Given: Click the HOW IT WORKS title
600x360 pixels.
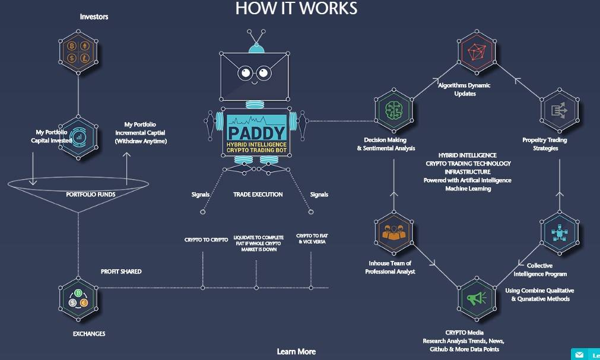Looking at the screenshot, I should point(296,8).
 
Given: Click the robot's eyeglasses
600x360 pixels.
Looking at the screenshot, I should point(255,74).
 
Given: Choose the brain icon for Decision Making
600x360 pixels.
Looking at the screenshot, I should point(394,110).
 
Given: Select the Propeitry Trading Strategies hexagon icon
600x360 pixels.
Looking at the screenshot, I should point(558,110).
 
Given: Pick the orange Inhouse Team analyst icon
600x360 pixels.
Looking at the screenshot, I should point(394,232).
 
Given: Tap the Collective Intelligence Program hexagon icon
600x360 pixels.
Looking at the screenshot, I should point(558,232).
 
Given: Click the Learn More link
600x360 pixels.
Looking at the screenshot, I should point(296,352).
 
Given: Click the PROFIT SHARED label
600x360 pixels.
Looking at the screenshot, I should point(121,272).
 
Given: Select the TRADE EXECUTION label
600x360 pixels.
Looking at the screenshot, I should point(258,195).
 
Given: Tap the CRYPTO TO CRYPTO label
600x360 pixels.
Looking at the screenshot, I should point(206,240).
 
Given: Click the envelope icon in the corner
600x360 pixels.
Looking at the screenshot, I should point(579,355).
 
